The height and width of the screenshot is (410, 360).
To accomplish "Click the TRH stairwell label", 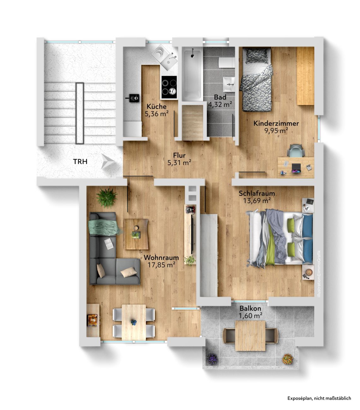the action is pos(80,161).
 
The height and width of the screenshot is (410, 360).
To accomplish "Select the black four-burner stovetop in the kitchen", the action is pos(169,87).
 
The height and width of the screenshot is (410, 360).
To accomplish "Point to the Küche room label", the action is pos(156,107).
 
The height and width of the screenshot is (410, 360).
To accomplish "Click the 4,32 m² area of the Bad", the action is pos(220,104).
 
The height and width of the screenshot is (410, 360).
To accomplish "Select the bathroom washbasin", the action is pos(229,84).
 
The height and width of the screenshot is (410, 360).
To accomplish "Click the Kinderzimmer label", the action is pos(276,123).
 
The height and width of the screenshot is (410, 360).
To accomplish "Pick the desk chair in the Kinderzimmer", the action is pos(296,150).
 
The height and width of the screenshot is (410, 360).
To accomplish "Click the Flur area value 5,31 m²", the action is pos(179,162).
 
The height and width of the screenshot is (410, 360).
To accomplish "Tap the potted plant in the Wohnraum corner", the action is pos(107,198).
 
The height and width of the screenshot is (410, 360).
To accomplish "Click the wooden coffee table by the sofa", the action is pos(136,234).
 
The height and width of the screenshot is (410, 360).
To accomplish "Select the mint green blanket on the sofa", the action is pos(104,227).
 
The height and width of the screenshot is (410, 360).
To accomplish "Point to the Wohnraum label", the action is pos(161,258).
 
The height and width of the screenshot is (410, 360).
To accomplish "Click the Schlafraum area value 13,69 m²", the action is pos(257,201).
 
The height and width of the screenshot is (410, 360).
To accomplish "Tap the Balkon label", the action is pos(250,308).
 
